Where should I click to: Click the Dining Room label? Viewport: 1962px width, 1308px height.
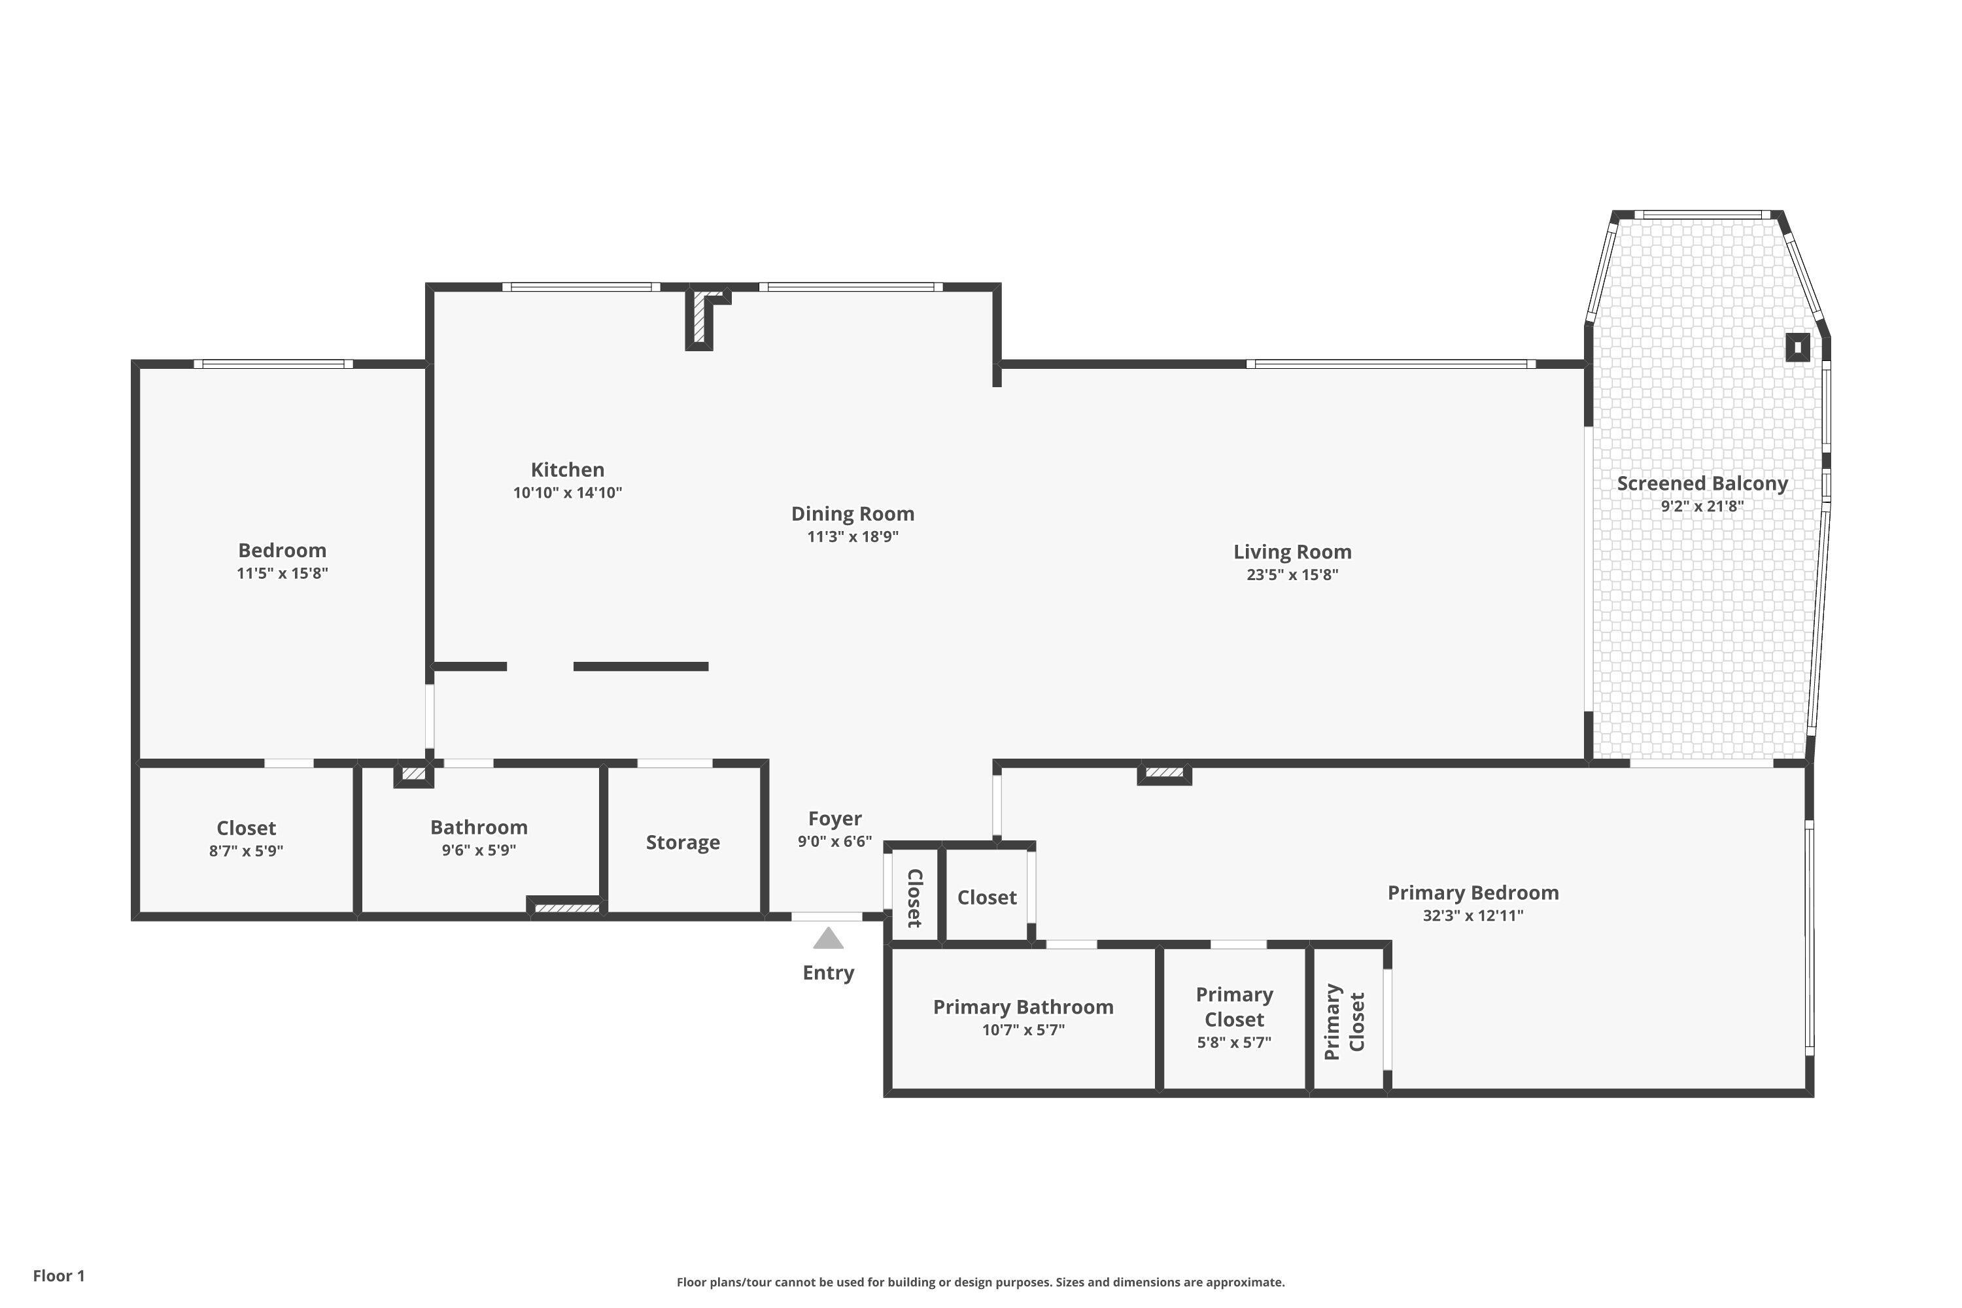point(853,514)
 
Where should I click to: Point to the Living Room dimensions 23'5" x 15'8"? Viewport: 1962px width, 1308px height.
point(1292,575)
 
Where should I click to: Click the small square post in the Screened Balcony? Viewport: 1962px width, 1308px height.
point(1798,347)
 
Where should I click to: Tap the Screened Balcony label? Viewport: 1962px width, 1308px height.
point(1702,484)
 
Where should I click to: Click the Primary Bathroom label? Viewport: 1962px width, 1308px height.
point(1023,1007)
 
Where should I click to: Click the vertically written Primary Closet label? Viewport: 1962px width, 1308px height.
point(1345,1022)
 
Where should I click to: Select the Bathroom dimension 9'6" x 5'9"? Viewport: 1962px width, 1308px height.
point(479,851)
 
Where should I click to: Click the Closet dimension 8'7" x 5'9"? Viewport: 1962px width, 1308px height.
point(246,852)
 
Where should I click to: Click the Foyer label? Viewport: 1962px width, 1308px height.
point(835,819)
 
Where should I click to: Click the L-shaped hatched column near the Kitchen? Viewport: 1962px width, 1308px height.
point(699,321)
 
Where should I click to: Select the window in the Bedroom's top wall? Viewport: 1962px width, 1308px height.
point(273,364)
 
